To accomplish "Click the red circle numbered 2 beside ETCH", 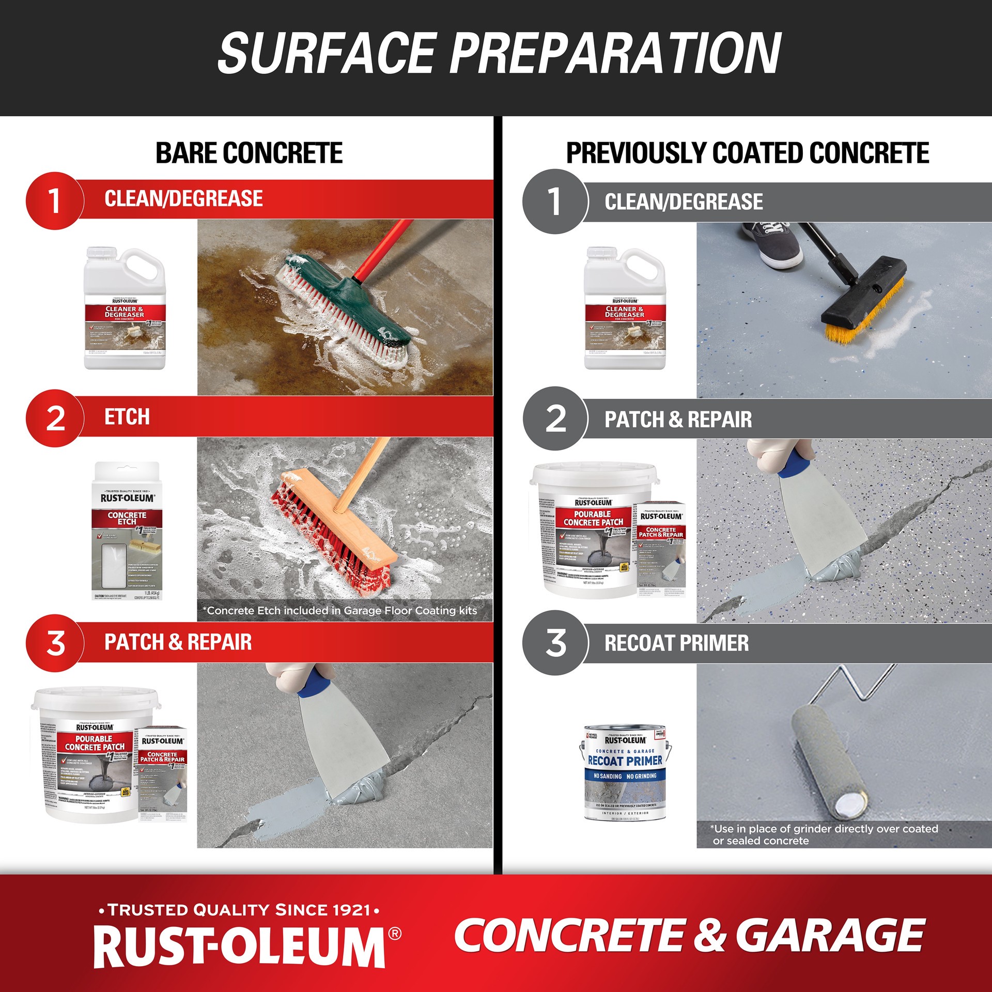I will tap(55, 418).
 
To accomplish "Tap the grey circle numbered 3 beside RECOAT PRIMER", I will tap(555, 643).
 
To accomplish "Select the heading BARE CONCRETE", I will tap(249, 153).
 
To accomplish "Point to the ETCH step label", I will tap(127, 417).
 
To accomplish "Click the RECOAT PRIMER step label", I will tap(676, 643).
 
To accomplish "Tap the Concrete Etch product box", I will tap(127, 532).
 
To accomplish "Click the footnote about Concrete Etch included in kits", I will tap(339, 611).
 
